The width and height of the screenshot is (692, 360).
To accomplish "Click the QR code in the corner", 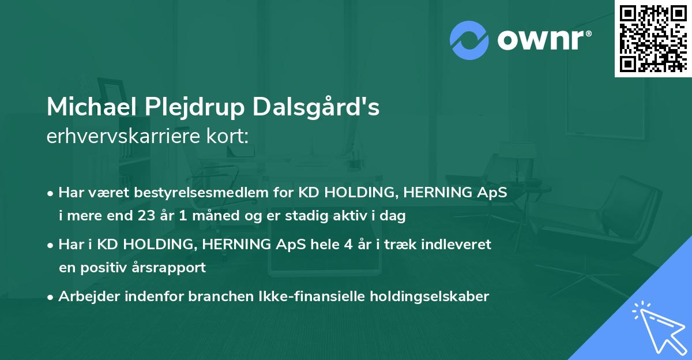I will [653, 38].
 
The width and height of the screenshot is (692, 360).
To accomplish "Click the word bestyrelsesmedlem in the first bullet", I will [184, 193].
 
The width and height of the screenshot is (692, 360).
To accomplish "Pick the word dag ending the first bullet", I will [394, 216].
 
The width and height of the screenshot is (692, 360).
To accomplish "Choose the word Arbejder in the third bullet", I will [84, 297].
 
